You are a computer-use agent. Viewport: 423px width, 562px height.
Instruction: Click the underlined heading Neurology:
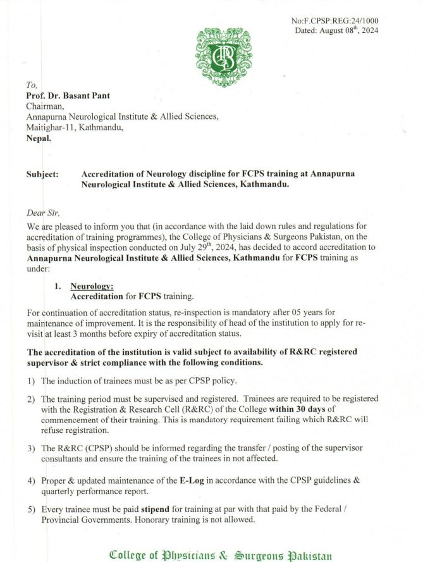click(92, 285)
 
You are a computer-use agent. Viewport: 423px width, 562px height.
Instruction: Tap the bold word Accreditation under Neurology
click(96, 296)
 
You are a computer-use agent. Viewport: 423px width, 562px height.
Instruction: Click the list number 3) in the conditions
click(31, 448)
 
